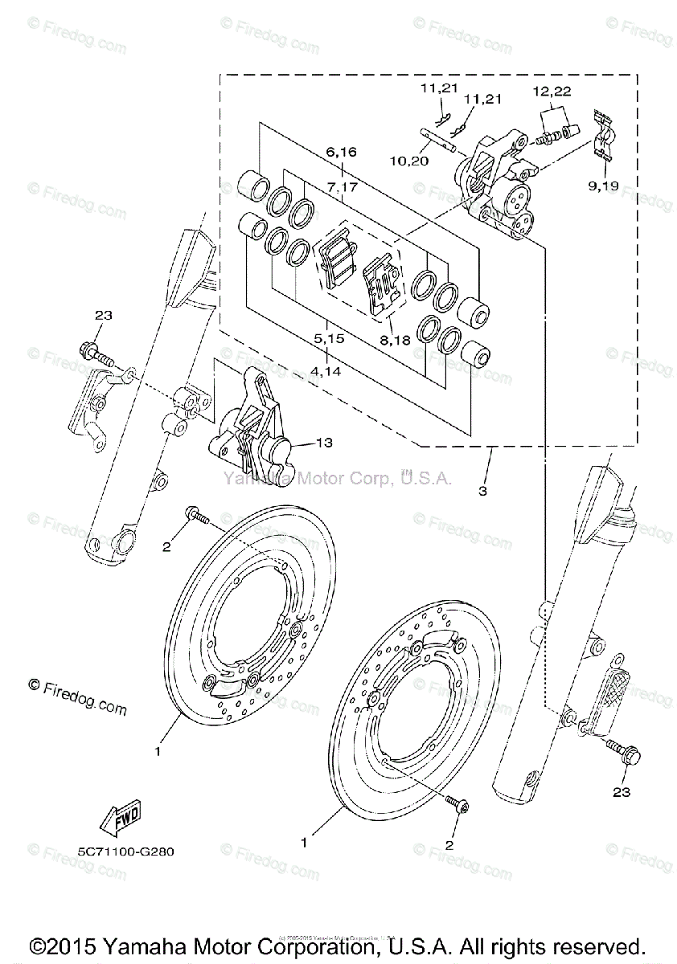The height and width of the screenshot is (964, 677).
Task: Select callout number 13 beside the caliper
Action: tap(324, 442)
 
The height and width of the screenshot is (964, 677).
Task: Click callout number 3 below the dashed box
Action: tap(482, 489)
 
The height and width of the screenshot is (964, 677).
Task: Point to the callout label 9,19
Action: tap(603, 186)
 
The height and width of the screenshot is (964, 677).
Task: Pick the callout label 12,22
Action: tap(552, 92)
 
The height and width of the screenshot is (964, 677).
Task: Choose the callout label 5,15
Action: tap(330, 339)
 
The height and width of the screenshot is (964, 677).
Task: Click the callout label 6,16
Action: tap(341, 151)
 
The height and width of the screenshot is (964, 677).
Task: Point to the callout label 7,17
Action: tap(342, 186)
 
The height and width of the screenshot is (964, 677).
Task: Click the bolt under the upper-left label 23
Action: tap(96, 353)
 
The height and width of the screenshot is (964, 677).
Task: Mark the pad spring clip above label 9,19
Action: tap(604, 131)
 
